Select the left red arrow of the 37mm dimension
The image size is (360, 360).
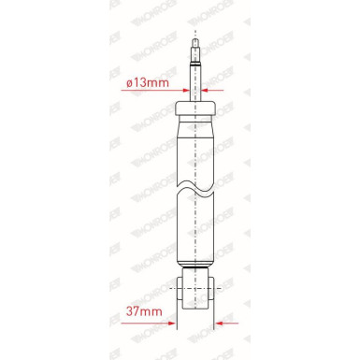tap(166, 323)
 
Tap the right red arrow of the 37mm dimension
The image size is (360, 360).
tap(225, 323)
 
